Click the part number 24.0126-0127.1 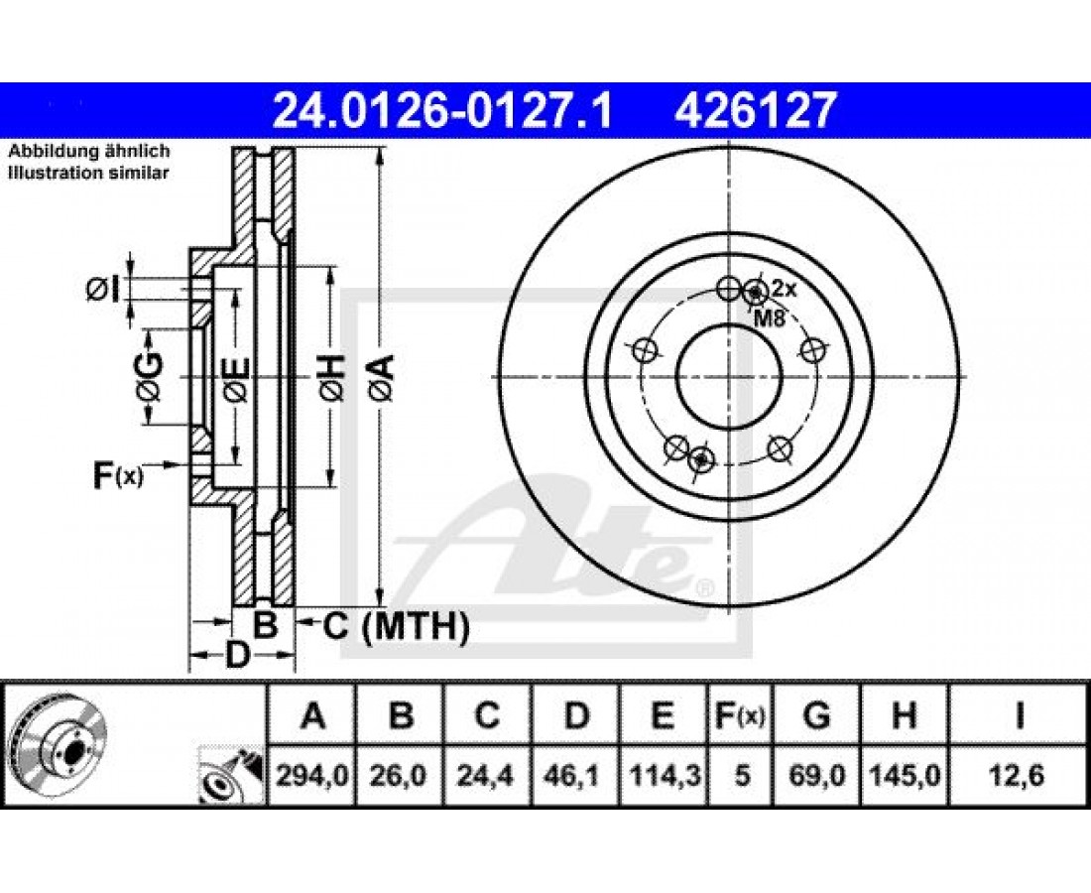click(x=442, y=110)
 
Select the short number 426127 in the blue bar click(x=754, y=110)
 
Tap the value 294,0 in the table click(x=311, y=775)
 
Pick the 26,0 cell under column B click(x=400, y=775)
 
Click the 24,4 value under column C click(x=486, y=775)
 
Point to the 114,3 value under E click(x=663, y=775)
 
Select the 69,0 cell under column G click(x=817, y=775)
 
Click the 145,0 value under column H click(x=905, y=775)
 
